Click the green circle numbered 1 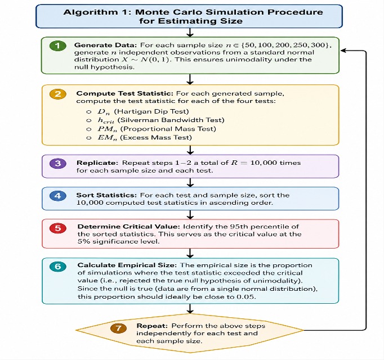pyautogui.click(x=57, y=46)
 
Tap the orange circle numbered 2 pyautogui.click(x=58, y=94)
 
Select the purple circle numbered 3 pyautogui.click(x=58, y=163)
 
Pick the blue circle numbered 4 pyautogui.click(x=58, y=196)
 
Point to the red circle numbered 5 pyautogui.click(x=58, y=228)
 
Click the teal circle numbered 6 pyautogui.click(x=58, y=266)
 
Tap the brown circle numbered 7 pyautogui.click(x=119, y=328)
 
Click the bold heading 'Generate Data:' pyautogui.click(x=105, y=45)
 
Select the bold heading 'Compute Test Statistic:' pyautogui.click(x=125, y=93)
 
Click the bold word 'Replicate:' pyautogui.click(x=97, y=163)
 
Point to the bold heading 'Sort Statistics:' pyautogui.click(x=106, y=195)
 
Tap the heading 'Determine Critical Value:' pyautogui.click(x=129, y=227)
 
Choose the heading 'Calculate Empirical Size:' pyautogui.click(x=127, y=265)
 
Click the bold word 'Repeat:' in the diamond pyautogui.click(x=152, y=326)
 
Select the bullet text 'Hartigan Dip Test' pyautogui.click(x=151, y=111)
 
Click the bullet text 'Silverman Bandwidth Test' pyautogui.click(x=171, y=120)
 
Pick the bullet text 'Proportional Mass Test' pyautogui.click(x=168, y=129)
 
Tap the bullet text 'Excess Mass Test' pyautogui.click(x=156, y=138)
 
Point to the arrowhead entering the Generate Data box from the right pyautogui.click(x=343, y=51)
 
